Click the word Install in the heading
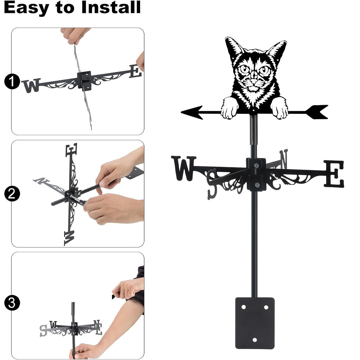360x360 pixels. [x=111, y=7]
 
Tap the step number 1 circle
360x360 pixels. [x=12, y=81]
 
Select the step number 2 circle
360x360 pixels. [x=12, y=194]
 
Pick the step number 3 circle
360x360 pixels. [x=12, y=303]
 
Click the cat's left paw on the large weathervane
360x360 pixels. [x=230, y=108]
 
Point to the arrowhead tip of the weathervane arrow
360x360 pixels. [x=181, y=112]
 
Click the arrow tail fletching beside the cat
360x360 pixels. [x=317, y=112]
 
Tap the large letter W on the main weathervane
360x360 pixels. [x=184, y=168]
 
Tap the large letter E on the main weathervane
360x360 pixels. [x=334, y=174]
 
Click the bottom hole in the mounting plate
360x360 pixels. [x=255, y=339]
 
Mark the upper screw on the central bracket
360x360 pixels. [x=256, y=165]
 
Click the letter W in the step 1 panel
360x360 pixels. [x=32, y=85]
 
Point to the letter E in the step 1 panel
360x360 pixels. [x=136, y=71]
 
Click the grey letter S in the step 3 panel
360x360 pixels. [x=43, y=330]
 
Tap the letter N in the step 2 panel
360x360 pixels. [x=41, y=181]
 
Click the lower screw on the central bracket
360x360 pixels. [x=257, y=185]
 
